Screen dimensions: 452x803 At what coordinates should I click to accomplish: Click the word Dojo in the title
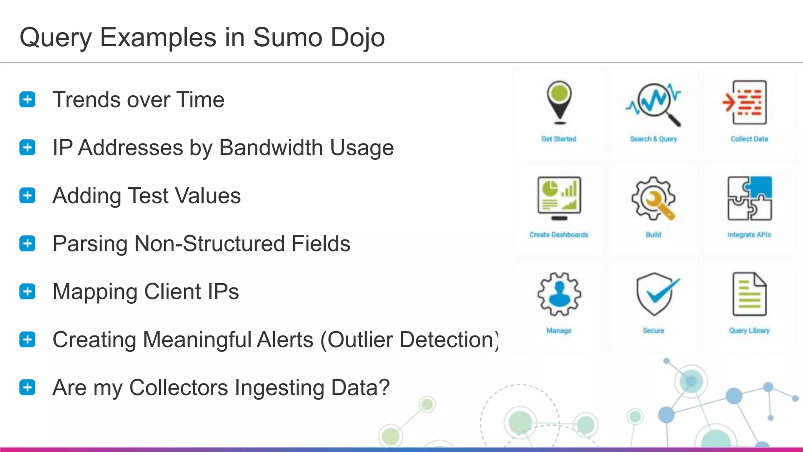pyautogui.click(x=358, y=38)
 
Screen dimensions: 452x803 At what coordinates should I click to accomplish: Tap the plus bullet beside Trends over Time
pyautogui.click(x=27, y=99)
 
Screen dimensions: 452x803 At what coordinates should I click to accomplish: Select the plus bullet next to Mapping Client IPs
pyautogui.click(x=27, y=292)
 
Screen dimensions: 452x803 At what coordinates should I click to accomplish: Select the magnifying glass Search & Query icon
pyautogui.click(x=654, y=104)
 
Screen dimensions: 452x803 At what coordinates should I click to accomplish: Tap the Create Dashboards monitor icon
pyautogui.click(x=559, y=198)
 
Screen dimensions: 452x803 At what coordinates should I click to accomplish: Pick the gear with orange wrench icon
pyautogui.click(x=654, y=198)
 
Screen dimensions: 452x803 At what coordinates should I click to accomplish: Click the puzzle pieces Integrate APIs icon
pyautogui.click(x=749, y=198)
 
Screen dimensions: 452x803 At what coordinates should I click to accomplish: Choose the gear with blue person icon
pyautogui.click(x=559, y=294)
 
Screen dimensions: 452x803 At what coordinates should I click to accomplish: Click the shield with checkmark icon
pyautogui.click(x=656, y=294)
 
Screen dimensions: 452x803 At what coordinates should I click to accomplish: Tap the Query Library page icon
pyautogui.click(x=749, y=294)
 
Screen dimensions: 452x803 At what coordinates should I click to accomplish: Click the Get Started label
pyautogui.click(x=559, y=139)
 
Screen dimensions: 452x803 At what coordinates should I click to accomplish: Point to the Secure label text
pyautogui.click(x=654, y=330)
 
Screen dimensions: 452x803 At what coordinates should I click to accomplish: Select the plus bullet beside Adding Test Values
pyautogui.click(x=27, y=195)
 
